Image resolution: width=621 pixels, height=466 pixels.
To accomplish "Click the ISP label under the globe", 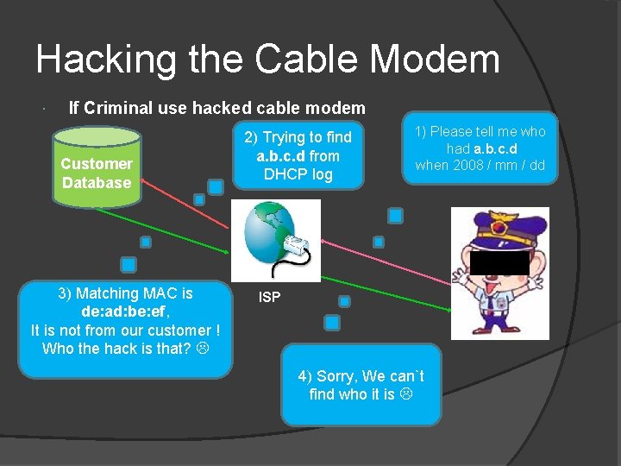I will [270, 299].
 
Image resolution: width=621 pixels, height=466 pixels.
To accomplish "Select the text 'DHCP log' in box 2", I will [298, 175].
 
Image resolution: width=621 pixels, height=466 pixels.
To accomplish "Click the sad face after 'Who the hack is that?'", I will [201, 349].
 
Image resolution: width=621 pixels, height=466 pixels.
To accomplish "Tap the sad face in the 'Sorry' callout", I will [405, 394].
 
